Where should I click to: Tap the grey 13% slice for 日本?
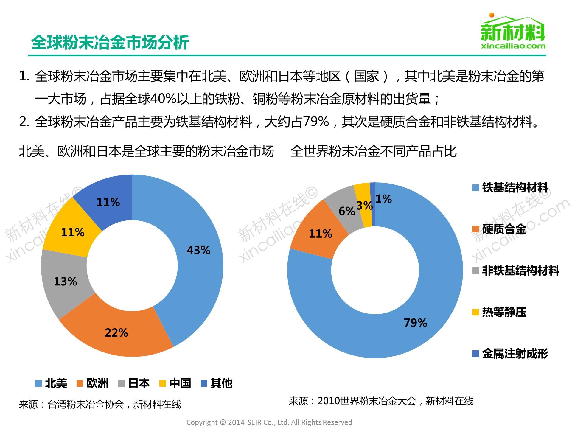66,282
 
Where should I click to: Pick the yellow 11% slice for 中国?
73,232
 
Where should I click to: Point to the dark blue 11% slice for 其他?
108,203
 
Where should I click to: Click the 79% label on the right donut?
415,323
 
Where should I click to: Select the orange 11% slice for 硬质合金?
320,234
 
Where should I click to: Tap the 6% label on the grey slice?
347,211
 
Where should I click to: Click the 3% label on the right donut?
364,206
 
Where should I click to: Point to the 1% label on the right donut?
383,199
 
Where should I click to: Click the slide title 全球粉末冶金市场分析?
110,42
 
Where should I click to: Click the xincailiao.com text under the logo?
513,46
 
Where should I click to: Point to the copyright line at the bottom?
269,422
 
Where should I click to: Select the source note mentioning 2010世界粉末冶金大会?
381,401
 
